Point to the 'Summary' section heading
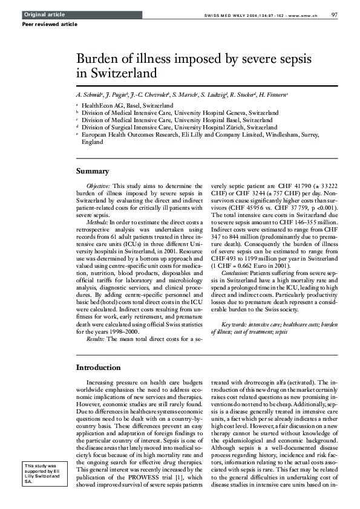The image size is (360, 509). (93, 171)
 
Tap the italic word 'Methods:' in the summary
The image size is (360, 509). (97, 222)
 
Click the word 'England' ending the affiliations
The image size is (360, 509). (93, 141)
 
